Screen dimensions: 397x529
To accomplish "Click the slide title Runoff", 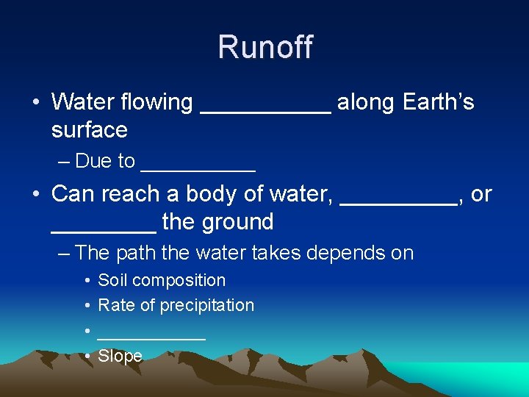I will [x=264, y=48].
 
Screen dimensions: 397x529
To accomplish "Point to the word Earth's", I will [x=439, y=102].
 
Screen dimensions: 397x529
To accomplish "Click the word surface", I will [x=89, y=130].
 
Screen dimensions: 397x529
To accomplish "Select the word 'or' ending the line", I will [x=481, y=194].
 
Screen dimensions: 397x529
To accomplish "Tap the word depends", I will [x=348, y=253].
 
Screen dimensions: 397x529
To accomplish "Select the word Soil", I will [x=112, y=280].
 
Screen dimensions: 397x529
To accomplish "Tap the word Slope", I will [x=120, y=356].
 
